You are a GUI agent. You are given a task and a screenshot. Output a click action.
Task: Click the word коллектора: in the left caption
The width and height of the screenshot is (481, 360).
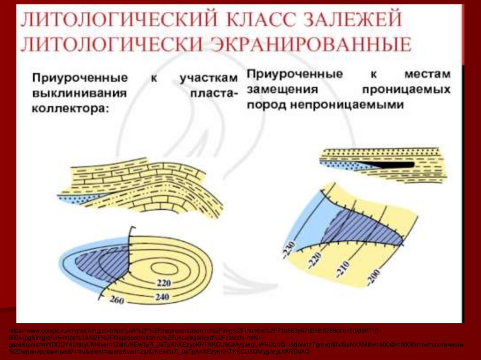tap(70, 109)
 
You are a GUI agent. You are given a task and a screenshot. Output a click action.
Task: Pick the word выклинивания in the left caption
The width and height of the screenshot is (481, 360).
tap(79, 93)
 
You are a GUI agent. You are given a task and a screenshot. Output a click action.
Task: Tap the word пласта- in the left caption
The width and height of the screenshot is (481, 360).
tap(214, 93)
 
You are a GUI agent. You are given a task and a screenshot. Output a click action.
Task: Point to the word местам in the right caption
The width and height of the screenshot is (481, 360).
tap(427, 74)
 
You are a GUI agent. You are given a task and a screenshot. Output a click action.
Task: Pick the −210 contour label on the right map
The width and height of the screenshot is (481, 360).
tap(343, 267)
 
